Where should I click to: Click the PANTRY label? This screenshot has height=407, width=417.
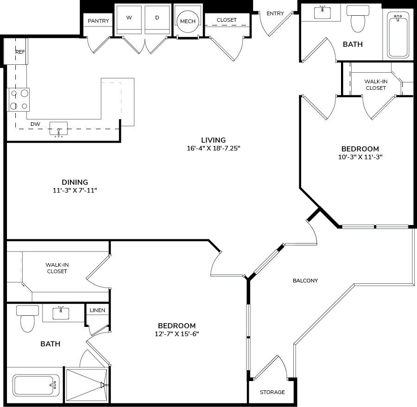98,21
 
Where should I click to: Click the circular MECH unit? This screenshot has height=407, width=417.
188,21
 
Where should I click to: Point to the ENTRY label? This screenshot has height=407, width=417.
275,13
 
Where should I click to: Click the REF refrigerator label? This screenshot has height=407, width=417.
20,52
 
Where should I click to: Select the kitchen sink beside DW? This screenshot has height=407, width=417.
59,129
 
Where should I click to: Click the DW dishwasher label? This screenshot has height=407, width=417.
35,124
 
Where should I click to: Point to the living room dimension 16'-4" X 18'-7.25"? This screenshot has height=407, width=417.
213,149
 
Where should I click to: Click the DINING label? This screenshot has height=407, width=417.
75,182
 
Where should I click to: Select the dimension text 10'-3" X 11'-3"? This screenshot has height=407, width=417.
360,157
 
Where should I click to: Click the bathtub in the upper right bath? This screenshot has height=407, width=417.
398,36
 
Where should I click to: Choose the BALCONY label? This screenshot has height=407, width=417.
305,281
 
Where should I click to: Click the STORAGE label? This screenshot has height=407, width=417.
272,392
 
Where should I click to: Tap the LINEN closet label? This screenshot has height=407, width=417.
97,310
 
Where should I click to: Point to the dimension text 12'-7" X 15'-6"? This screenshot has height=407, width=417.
177,334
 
